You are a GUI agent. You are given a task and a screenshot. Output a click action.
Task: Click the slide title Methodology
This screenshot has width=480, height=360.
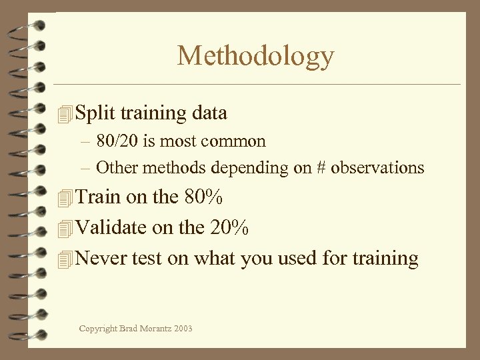[255, 56]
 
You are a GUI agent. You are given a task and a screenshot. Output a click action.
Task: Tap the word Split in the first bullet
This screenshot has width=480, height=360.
[93, 113]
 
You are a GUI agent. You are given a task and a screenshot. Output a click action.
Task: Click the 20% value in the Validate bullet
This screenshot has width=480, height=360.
[227, 227]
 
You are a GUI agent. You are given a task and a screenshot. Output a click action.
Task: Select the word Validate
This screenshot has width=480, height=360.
[111, 227]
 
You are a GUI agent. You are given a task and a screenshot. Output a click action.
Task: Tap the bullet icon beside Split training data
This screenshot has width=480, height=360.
[65, 114]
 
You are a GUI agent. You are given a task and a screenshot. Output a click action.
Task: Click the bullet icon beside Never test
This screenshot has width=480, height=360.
[65, 259]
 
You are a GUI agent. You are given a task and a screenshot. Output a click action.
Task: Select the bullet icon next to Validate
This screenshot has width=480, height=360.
[65, 229]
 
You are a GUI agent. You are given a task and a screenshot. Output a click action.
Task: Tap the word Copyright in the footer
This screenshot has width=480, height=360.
[97, 329]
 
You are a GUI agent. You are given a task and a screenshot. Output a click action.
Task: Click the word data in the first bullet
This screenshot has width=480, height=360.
[209, 113]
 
